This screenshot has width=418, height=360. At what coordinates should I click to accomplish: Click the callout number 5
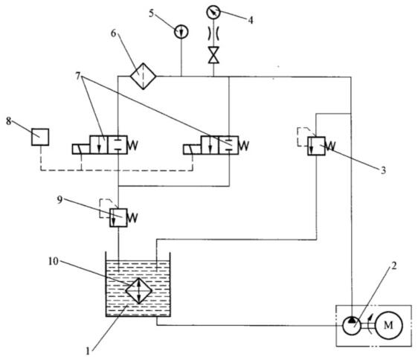coord(152,13)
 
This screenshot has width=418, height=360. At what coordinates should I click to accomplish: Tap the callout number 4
coord(251,20)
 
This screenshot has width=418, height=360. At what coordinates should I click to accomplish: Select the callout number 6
coord(114,33)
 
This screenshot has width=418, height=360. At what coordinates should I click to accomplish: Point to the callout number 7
coord(78,76)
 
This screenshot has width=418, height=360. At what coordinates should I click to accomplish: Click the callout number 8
coord(9,121)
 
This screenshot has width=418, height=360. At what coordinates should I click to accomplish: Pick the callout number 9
coord(60,200)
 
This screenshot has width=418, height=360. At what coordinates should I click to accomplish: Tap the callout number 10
coord(54,262)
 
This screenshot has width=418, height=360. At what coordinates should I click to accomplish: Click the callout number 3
coord(383,170)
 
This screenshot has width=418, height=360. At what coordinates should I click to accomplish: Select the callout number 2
coord(394,266)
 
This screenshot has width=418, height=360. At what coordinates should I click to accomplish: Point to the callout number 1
coord(88,351)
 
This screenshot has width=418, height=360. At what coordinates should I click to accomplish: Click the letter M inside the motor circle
coord(388,325)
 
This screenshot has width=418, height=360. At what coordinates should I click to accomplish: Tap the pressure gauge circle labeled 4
coord(213,12)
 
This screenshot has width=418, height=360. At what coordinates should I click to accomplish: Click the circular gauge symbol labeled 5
coord(181,32)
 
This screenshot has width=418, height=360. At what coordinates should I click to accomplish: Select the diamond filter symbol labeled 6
coord(143,77)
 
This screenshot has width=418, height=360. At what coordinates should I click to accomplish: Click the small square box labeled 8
coord(40,137)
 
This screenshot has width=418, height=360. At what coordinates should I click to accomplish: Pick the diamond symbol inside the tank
coord(138,291)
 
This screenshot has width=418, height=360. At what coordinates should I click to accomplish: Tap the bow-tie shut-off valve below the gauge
coord(213,55)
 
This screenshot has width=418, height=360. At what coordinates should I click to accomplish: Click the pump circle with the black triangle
coord(352,325)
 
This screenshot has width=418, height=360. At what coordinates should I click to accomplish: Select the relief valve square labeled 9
coord(118,218)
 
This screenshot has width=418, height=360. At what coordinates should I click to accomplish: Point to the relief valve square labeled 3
coord(316,146)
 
